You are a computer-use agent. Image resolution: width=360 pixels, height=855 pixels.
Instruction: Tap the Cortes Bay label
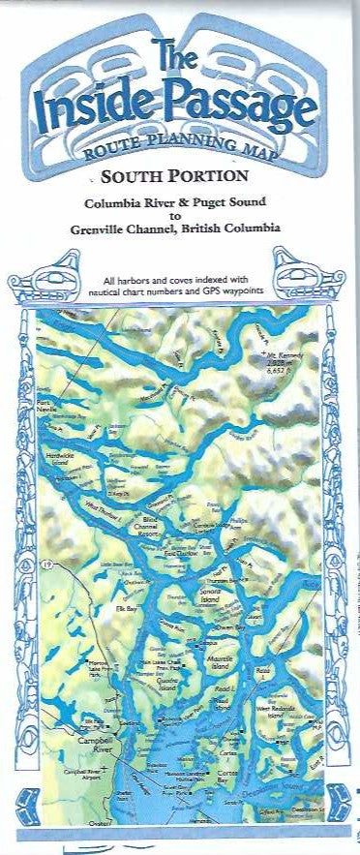click(233, 775)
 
